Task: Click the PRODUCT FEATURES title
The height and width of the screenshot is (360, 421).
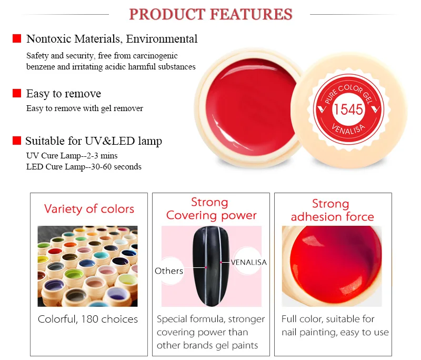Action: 210,14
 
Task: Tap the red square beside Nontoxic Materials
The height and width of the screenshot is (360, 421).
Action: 17,38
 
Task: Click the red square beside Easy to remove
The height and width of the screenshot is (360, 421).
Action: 17,93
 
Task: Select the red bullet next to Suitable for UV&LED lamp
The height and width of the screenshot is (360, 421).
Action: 17,141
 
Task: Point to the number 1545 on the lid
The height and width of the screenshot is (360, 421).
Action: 348,109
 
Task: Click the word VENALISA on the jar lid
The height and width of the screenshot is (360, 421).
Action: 348,129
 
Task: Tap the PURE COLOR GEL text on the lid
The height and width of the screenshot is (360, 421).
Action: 348,93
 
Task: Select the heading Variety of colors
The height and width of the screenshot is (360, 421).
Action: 89,209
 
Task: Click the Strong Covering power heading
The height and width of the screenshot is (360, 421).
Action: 211,209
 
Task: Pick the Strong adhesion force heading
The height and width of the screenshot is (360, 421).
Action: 332,210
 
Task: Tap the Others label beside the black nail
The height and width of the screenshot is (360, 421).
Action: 169,271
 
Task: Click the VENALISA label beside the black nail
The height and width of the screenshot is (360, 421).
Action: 248,262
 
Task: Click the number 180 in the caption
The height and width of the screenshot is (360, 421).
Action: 89,319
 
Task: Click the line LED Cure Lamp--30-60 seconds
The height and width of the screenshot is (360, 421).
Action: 84,167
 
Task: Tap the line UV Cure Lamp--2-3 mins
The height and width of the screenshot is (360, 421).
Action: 72,156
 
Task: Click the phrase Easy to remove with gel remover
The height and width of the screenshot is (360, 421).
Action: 85,108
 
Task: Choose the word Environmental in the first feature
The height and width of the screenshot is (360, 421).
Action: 162,39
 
